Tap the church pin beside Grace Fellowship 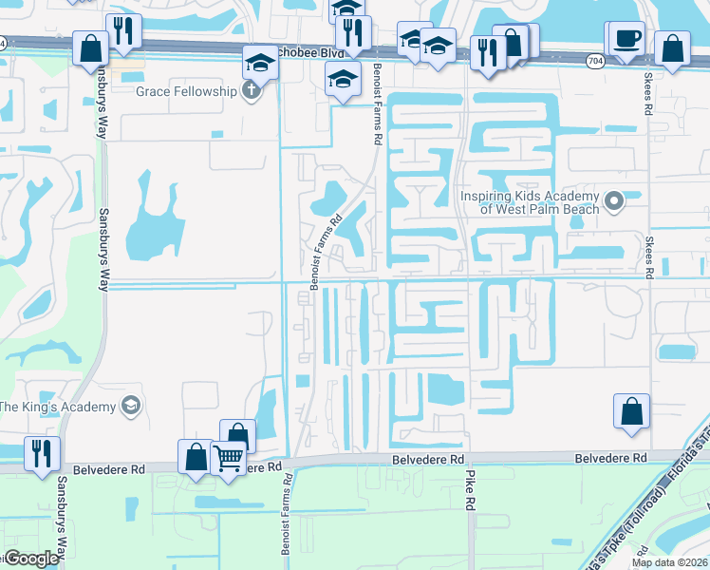pos(251,92)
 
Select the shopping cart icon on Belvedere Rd pos(229,459)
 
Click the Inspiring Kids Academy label pos(530,202)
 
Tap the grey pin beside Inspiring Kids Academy pos(614,201)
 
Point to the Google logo pos(31,559)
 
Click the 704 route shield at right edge pos(595,60)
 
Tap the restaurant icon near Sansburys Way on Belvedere pos(42,454)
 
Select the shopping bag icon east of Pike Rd pos(631,412)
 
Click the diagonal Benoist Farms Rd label pos(325,247)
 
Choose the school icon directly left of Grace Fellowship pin pos(259,64)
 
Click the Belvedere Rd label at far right pos(610,458)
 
